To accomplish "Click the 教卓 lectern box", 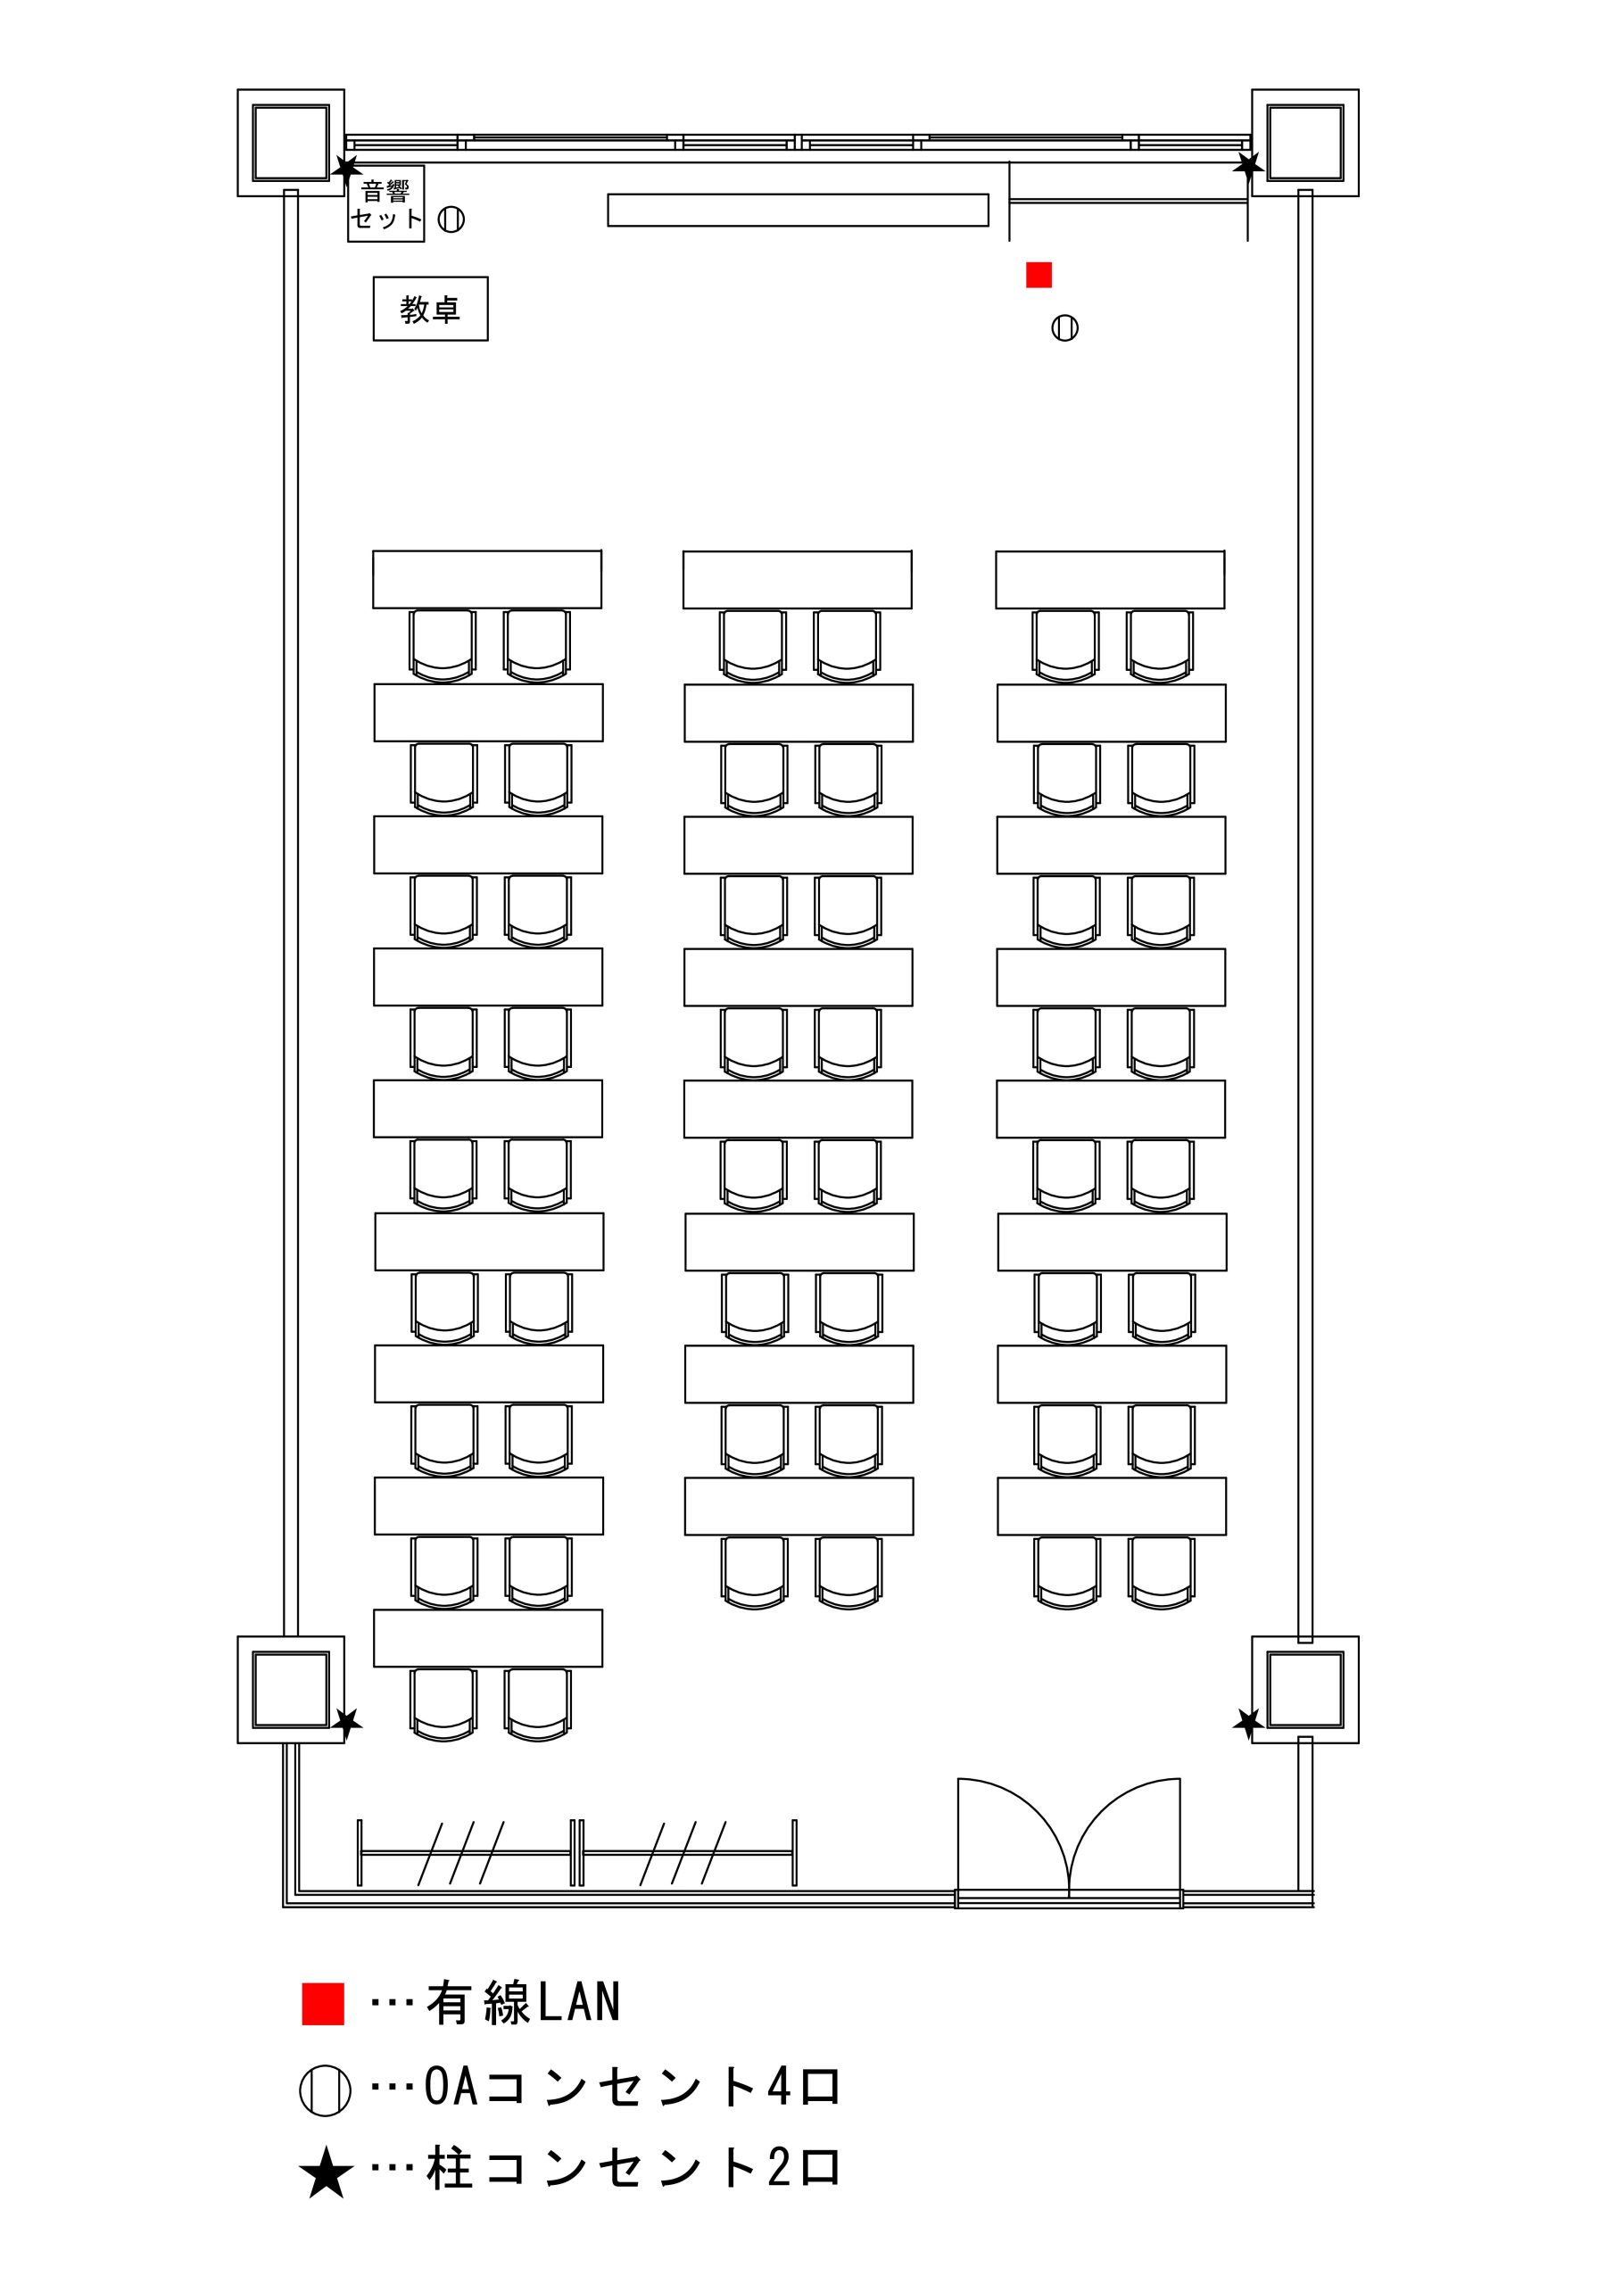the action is tap(430, 309).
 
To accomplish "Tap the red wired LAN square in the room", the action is tap(1039, 275).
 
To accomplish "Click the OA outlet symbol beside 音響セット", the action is tap(451, 219).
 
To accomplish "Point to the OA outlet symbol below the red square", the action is tap(1064, 327).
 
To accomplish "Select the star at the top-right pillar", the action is tap(1248, 165).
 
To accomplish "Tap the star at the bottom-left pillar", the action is tap(346, 1722).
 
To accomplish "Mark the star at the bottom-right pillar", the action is tap(1248, 1722).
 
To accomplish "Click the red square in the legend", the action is tap(323, 2005).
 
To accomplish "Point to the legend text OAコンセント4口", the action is tap(633, 2088).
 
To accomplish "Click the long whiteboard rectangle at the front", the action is tap(798, 210).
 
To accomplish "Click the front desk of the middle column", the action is tap(797, 579).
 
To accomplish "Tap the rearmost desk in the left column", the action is tap(487, 1638).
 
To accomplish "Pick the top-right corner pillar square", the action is tap(1305, 142).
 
